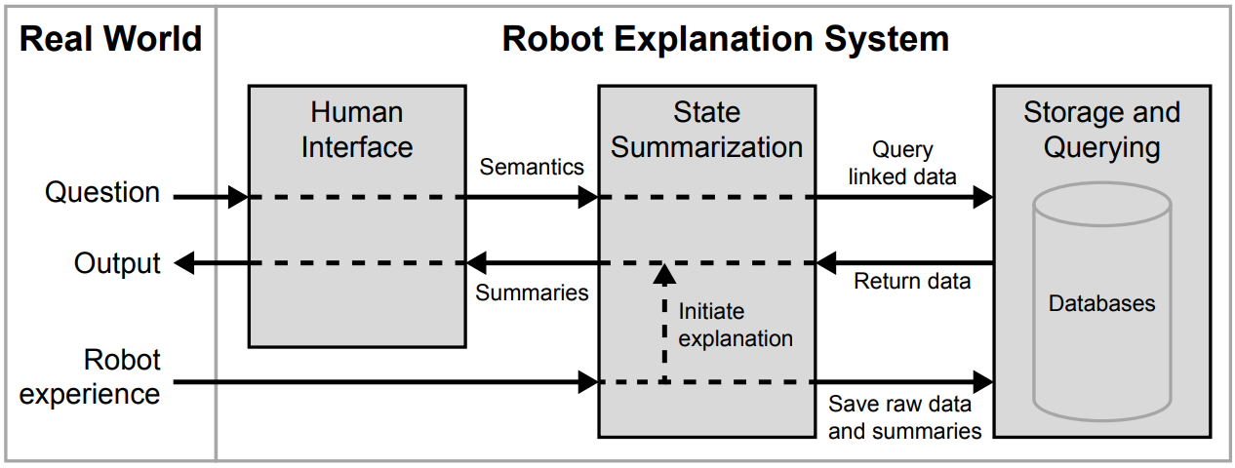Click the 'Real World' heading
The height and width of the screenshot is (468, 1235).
click(x=110, y=39)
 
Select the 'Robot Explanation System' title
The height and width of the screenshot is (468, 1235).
click(x=725, y=39)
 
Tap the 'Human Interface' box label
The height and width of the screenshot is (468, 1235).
click(x=357, y=130)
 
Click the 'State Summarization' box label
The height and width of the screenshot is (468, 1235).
click(x=706, y=130)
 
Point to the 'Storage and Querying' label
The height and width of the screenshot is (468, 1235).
click(x=1101, y=130)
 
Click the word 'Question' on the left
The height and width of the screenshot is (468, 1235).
click(x=102, y=193)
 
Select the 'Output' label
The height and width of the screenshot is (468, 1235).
click(x=117, y=263)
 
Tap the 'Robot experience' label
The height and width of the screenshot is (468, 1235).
click(x=91, y=377)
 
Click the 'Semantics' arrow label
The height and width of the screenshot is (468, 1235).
click(x=532, y=167)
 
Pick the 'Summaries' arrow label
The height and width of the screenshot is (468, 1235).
click(x=532, y=292)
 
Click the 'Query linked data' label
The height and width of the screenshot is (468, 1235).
click(x=903, y=163)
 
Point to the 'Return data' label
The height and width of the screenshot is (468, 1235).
click(x=912, y=282)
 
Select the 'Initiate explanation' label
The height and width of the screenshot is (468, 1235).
click(x=736, y=326)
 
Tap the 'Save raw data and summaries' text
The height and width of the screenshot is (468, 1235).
click(x=904, y=416)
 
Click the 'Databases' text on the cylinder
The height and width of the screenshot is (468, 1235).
click(x=1101, y=303)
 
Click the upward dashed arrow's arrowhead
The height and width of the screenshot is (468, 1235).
click(x=664, y=273)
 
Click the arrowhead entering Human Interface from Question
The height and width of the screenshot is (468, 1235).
click(x=238, y=197)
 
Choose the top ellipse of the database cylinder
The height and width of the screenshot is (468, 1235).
click(x=1101, y=204)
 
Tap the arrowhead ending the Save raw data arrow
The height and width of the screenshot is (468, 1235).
click(x=982, y=381)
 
